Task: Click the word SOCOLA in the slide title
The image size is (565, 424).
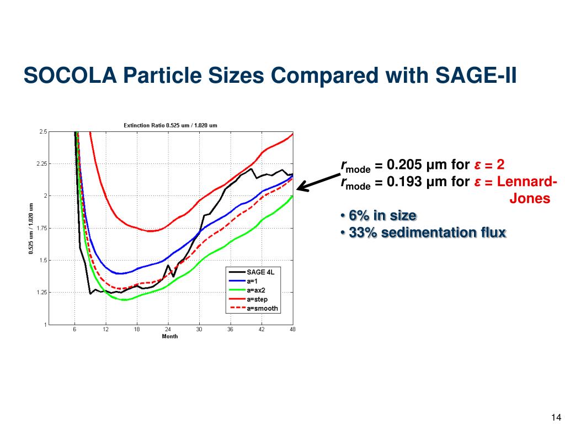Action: (70, 76)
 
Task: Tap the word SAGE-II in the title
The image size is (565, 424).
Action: (476, 76)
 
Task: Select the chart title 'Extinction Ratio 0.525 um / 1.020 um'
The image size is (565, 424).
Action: (170, 125)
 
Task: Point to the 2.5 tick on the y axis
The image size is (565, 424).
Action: (43, 132)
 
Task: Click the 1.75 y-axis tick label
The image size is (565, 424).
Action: (42, 228)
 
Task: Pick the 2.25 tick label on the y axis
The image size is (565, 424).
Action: (42, 164)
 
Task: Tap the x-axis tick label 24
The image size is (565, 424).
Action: (168, 329)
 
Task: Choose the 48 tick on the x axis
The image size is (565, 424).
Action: (292, 329)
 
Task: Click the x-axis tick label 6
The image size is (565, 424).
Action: (74, 329)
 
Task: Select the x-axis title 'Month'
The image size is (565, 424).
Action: (170, 336)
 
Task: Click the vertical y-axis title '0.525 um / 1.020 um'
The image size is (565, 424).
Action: (31, 228)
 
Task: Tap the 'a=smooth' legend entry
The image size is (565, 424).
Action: (253, 309)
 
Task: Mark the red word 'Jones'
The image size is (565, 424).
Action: (530, 198)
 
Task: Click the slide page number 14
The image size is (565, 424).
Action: (556, 417)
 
